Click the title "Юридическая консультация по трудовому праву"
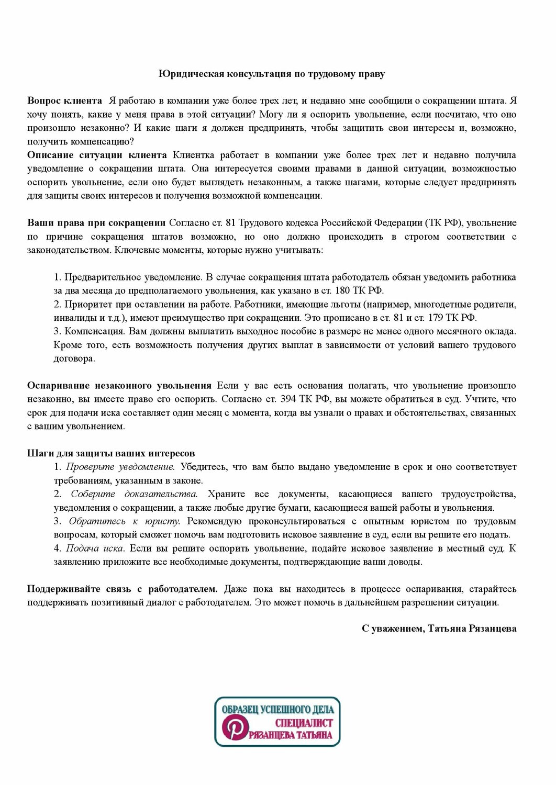coord(272,74)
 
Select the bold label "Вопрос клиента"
coord(64,100)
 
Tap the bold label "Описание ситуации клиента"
coord(97,155)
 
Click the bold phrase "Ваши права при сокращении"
coord(96,223)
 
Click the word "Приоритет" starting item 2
coord(84,305)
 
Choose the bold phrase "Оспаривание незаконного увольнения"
coord(119,386)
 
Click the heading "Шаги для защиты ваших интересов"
coord(111,453)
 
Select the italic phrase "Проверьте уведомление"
coord(120,467)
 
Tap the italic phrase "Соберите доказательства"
coord(134,494)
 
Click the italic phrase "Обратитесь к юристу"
coord(124,521)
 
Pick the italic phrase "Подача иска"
coord(94,548)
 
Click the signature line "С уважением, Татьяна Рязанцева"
coord(439,629)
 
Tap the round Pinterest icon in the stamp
coord(233,728)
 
